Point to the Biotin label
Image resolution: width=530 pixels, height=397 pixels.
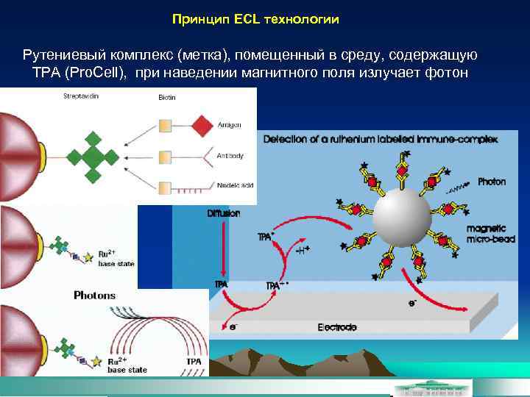(x=167, y=98)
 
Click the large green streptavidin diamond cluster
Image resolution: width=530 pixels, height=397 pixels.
(x=93, y=155)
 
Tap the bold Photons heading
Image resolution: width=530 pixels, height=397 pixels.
(x=95, y=295)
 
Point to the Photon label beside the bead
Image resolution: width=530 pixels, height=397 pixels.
(x=492, y=182)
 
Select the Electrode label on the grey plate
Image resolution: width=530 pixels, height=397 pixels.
(x=337, y=326)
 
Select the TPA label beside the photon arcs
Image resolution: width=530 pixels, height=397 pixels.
(x=194, y=362)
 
